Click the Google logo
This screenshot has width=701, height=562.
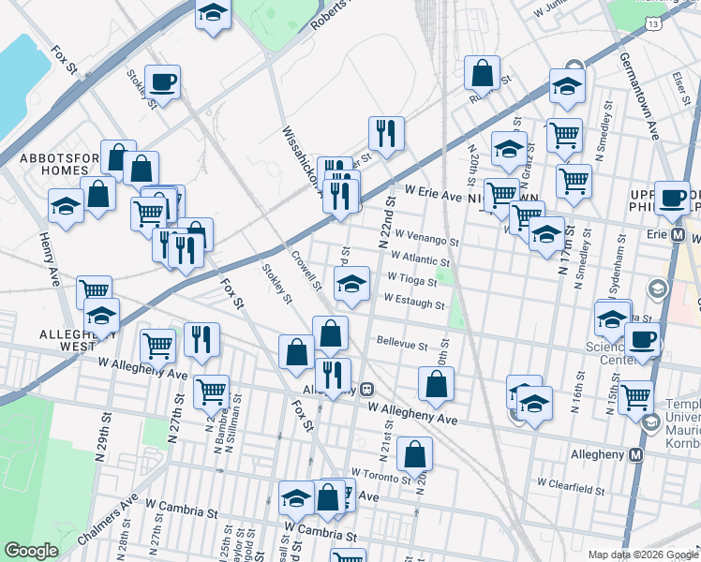(31, 551)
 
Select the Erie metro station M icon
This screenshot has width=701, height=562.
(678, 233)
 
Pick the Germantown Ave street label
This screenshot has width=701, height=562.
(640, 94)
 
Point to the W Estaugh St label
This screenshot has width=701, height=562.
(413, 303)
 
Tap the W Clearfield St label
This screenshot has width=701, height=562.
(574, 483)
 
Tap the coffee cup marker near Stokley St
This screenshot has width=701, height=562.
(162, 82)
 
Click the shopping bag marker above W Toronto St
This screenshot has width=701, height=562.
(414, 454)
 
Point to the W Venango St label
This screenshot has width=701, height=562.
(426, 238)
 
